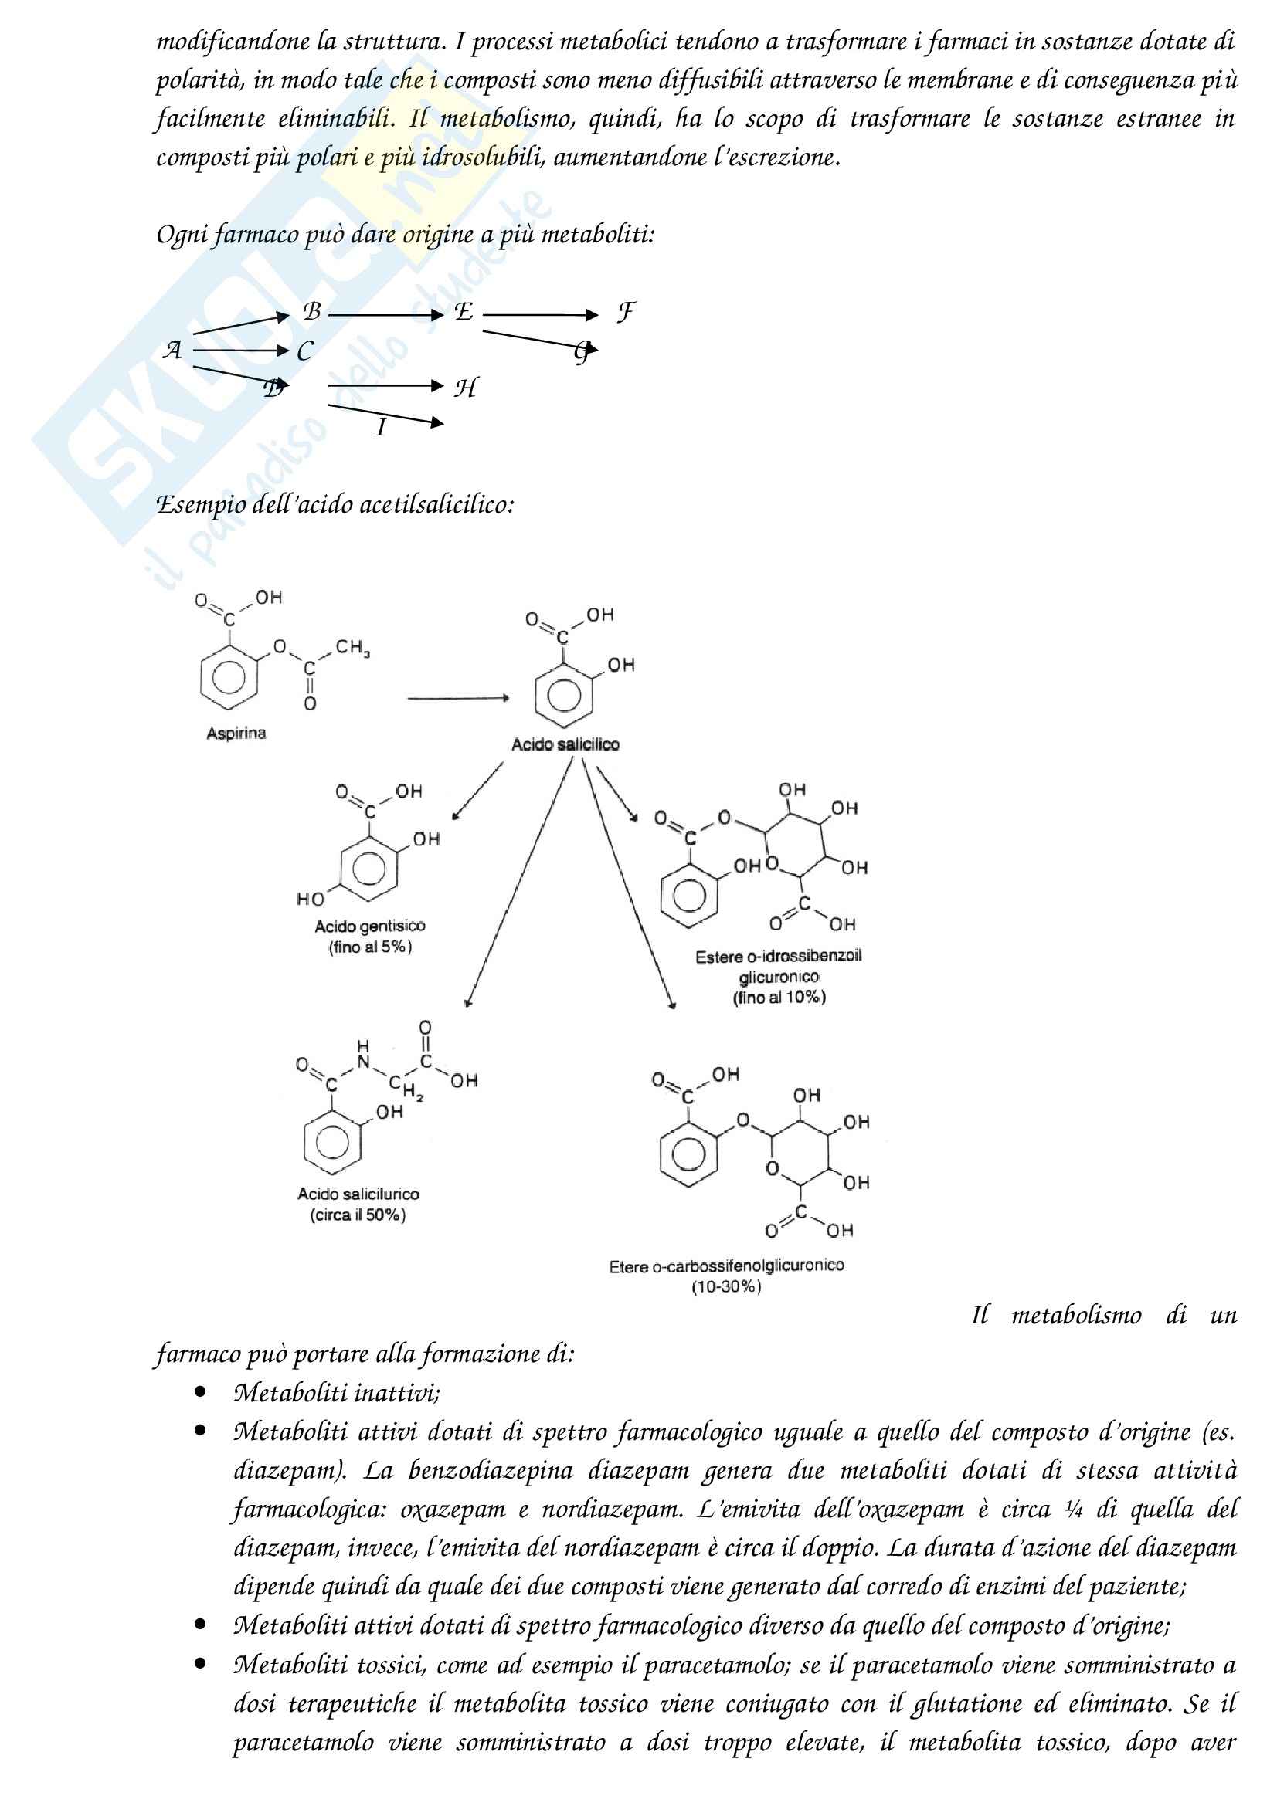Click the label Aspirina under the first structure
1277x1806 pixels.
click(236, 733)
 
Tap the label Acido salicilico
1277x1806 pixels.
click(565, 744)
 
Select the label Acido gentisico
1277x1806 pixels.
click(370, 927)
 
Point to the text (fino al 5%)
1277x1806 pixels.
click(370, 947)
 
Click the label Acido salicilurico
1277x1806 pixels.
click(358, 1194)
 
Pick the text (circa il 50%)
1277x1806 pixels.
click(358, 1215)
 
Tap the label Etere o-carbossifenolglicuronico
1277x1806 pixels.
click(725, 1266)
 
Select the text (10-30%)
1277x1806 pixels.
click(725, 1288)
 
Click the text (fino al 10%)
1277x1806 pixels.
click(779, 998)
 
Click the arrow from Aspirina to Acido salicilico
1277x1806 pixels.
click(458, 698)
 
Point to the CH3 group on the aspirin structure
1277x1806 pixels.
click(352, 648)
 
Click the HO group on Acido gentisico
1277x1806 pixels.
click(310, 898)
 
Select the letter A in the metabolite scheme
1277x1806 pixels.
click(172, 350)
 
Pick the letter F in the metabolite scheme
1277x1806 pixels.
click(625, 313)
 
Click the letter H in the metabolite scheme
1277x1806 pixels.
click(465, 388)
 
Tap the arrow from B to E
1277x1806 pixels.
click(385, 316)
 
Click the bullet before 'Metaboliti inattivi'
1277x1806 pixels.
click(201, 1393)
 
